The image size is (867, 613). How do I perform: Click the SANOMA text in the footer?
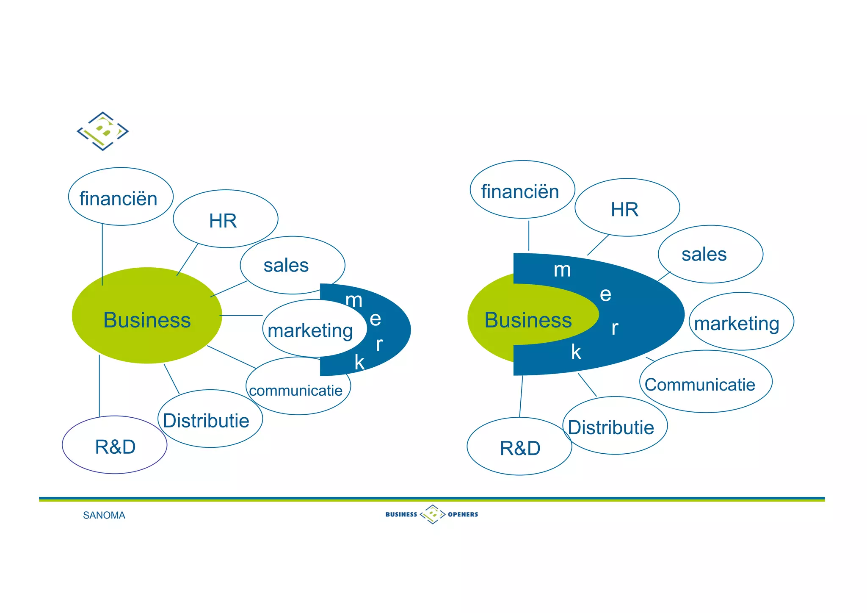click(x=104, y=515)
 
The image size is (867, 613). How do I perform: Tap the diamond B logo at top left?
click(x=102, y=131)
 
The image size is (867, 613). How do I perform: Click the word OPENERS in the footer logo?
click(x=463, y=514)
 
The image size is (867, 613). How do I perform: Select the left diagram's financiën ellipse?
click(x=120, y=197)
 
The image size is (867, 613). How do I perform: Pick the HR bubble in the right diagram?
click(x=627, y=208)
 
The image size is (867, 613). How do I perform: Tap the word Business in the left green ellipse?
click(x=147, y=320)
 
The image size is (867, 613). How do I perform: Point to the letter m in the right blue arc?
click(x=562, y=270)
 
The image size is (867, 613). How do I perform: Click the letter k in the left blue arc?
click(x=359, y=363)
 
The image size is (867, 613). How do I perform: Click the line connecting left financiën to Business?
click(x=102, y=254)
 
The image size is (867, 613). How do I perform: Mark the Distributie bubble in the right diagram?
click(x=614, y=426)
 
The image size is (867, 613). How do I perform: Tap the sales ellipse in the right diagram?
click(x=710, y=254)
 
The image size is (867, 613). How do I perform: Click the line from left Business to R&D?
click(x=99, y=386)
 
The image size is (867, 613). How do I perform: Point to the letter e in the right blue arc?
click(x=605, y=294)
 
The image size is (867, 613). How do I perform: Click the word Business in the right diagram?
click(x=528, y=320)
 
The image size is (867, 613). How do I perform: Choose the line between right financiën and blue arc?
click(x=529, y=236)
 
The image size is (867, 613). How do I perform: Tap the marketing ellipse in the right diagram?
click(x=741, y=322)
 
